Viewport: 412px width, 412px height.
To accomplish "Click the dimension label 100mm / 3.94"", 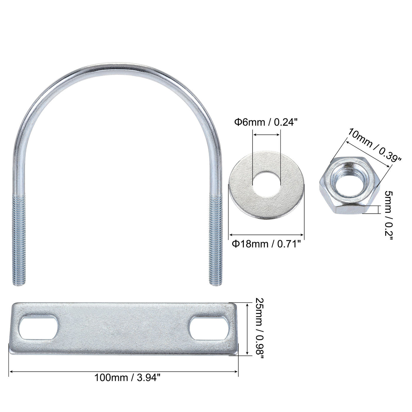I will (128, 386).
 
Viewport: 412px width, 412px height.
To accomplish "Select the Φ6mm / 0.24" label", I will (264, 122).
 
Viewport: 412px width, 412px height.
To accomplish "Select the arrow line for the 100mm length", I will (124, 372).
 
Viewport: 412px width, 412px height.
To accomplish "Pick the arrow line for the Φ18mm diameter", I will (266, 235).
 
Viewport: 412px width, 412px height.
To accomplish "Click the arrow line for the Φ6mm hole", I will (267, 135).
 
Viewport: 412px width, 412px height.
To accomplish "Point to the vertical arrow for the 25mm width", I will (247, 329).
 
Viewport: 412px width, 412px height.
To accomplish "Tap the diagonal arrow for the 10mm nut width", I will (369, 154).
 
